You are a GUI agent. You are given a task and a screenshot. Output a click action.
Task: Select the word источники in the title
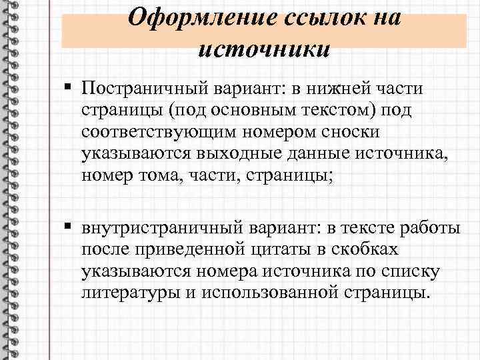point(264,48)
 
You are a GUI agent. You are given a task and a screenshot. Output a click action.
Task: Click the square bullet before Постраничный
point(71,87)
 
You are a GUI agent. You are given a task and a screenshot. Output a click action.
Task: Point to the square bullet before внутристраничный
point(71,229)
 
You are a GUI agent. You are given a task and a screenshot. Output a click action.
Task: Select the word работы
point(429,229)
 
